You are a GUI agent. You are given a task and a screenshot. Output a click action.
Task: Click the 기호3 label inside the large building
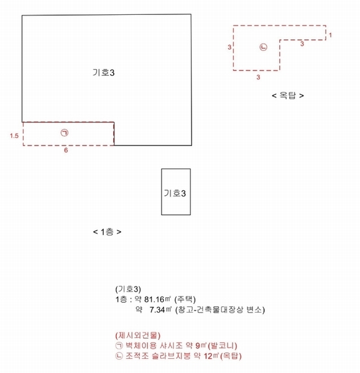tap(103, 73)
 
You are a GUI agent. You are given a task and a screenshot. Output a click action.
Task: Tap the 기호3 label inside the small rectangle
tap(175, 193)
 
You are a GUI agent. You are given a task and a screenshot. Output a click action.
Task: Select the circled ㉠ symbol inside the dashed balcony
tap(65, 133)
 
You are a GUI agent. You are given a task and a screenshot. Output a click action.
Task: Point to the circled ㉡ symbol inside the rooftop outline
tap(263, 47)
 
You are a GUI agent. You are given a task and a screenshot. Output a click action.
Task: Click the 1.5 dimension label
tap(14, 136)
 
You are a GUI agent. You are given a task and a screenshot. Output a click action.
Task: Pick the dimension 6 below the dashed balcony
tap(66, 150)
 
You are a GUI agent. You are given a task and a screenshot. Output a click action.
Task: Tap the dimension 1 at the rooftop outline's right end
tap(330, 35)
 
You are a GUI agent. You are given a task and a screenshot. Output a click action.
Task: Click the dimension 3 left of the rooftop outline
tap(229, 47)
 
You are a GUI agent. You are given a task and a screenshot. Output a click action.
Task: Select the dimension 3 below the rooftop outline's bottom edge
tap(258, 77)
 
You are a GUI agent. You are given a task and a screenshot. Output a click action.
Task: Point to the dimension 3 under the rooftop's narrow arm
tap(302, 44)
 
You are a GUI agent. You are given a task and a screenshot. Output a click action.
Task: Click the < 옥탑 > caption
tap(288, 96)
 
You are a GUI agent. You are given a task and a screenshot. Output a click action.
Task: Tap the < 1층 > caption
tap(107, 232)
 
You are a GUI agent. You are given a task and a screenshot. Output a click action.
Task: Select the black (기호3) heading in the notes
tap(128, 289)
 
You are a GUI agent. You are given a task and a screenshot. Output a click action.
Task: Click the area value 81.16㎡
tap(157, 299)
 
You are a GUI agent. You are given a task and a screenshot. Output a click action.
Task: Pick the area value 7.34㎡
tap(160, 310)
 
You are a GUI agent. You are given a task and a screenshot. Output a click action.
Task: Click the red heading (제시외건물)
tap(138, 336)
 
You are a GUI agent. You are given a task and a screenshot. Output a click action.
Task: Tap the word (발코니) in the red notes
tap(223, 346)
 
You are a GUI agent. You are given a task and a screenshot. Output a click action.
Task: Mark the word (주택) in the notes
tap(185, 300)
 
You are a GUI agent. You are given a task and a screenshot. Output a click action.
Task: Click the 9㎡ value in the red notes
tap(201, 346)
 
